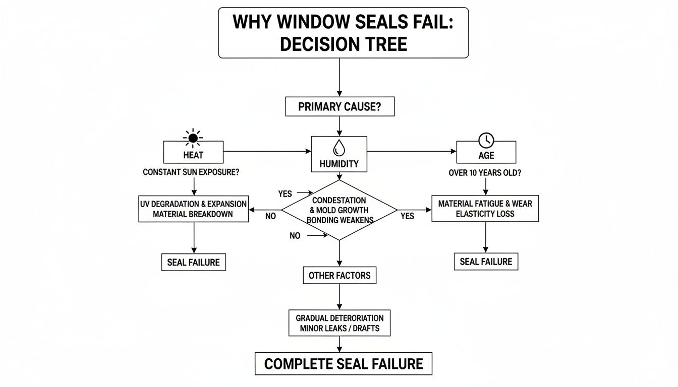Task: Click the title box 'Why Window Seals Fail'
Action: [x=343, y=33]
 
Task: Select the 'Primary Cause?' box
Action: [x=340, y=107]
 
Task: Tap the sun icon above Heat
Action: [x=192, y=137]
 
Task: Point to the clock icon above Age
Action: [x=486, y=140]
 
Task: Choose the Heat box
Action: [x=194, y=152]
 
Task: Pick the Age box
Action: [x=486, y=152]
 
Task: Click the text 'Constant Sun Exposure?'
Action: [x=191, y=172]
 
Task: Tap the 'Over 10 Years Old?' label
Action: [x=485, y=172]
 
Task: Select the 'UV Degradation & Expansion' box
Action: [x=194, y=209]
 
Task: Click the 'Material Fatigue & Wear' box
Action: [x=485, y=208]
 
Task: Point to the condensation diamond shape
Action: [x=339, y=210]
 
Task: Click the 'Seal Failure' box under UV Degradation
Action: [x=193, y=262]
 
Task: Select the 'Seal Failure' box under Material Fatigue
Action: [x=486, y=262]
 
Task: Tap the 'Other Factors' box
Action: [x=340, y=276]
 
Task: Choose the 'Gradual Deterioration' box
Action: [x=340, y=323]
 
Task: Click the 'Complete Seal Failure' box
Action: [x=343, y=363]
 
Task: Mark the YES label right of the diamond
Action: [x=407, y=216]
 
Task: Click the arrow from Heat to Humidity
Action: [x=267, y=151]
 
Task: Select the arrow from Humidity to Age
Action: [x=411, y=151]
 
